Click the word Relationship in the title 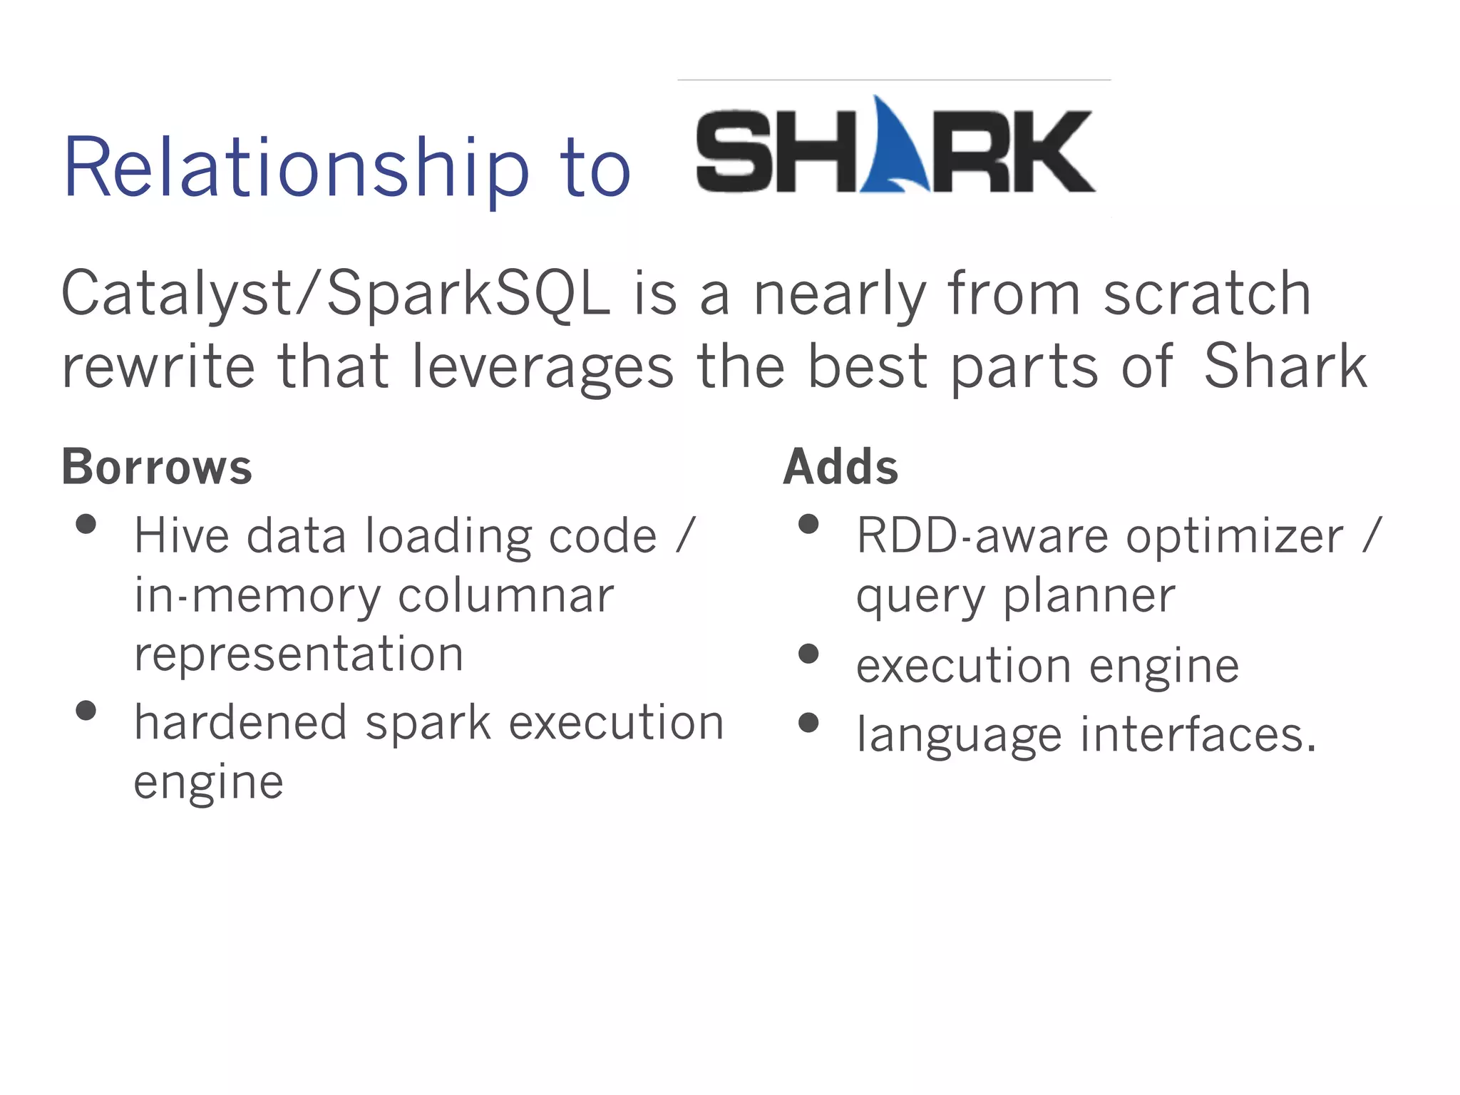pyautogui.click(x=296, y=168)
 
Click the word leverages pyautogui.click(x=543, y=366)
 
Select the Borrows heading pyautogui.click(x=157, y=467)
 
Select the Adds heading pyautogui.click(x=840, y=467)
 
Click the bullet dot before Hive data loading pyautogui.click(x=86, y=525)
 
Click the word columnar pyautogui.click(x=505, y=595)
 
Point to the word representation pyautogui.click(x=299, y=654)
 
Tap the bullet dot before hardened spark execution pyautogui.click(x=86, y=711)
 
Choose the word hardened pyautogui.click(x=241, y=722)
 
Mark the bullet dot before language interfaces pyautogui.click(x=808, y=723)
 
